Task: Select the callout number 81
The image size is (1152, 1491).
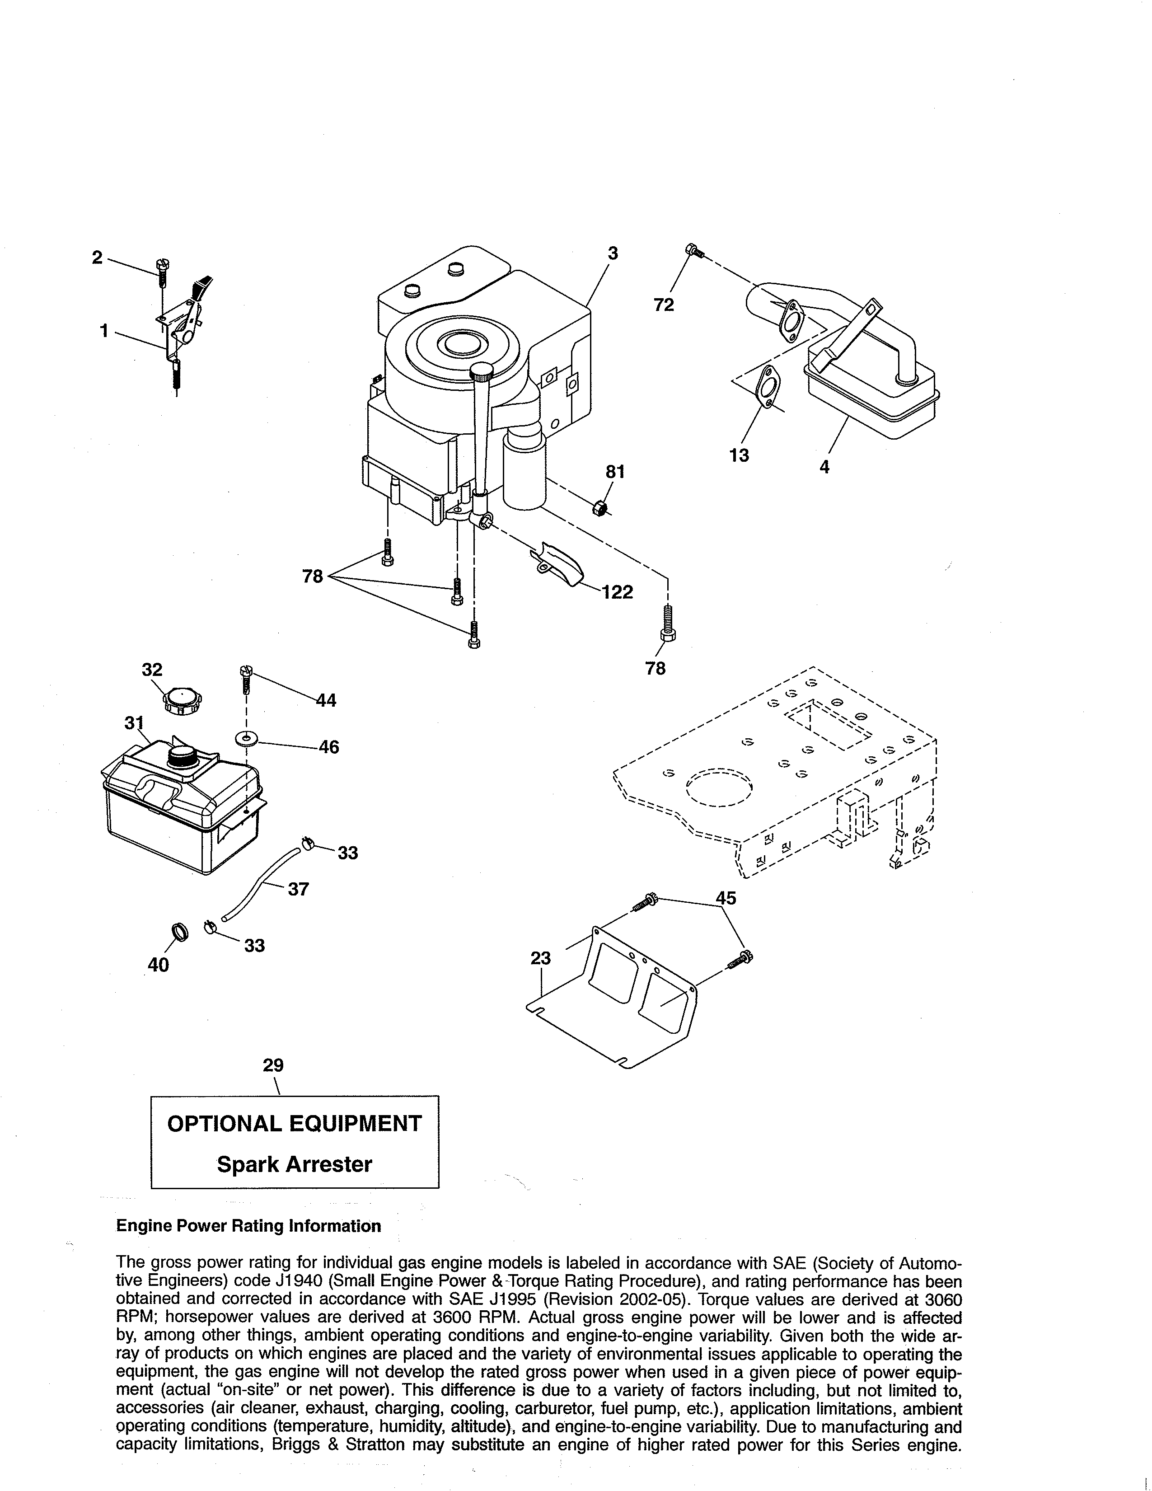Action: [x=615, y=472]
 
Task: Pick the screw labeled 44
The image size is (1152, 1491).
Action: [x=245, y=680]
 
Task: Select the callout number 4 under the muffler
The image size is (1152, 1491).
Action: [x=824, y=468]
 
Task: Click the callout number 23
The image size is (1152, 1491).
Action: [x=540, y=958]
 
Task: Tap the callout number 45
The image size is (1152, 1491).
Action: [x=726, y=898]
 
